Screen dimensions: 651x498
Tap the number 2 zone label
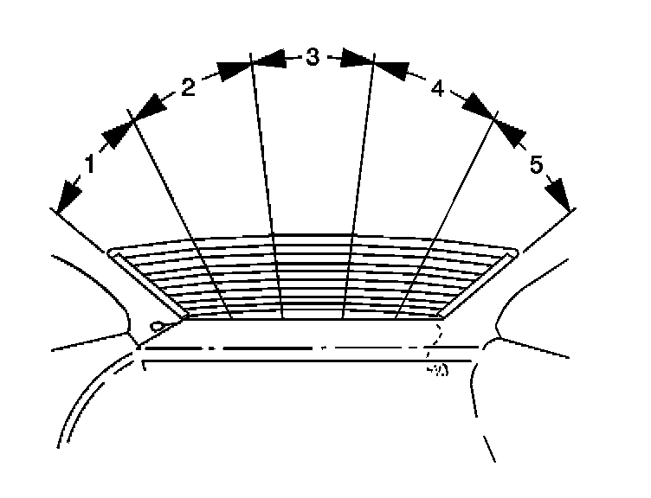(x=188, y=85)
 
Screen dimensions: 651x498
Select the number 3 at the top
(x=313, y=58)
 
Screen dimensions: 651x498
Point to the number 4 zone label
(x=437, y=87)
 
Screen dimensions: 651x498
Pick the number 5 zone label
(x=537, y=164)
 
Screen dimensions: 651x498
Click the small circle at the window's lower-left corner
(x=157, y=326)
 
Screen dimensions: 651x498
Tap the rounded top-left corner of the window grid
(x=112, y=253)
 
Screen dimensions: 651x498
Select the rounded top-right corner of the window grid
(x=514, y=253)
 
